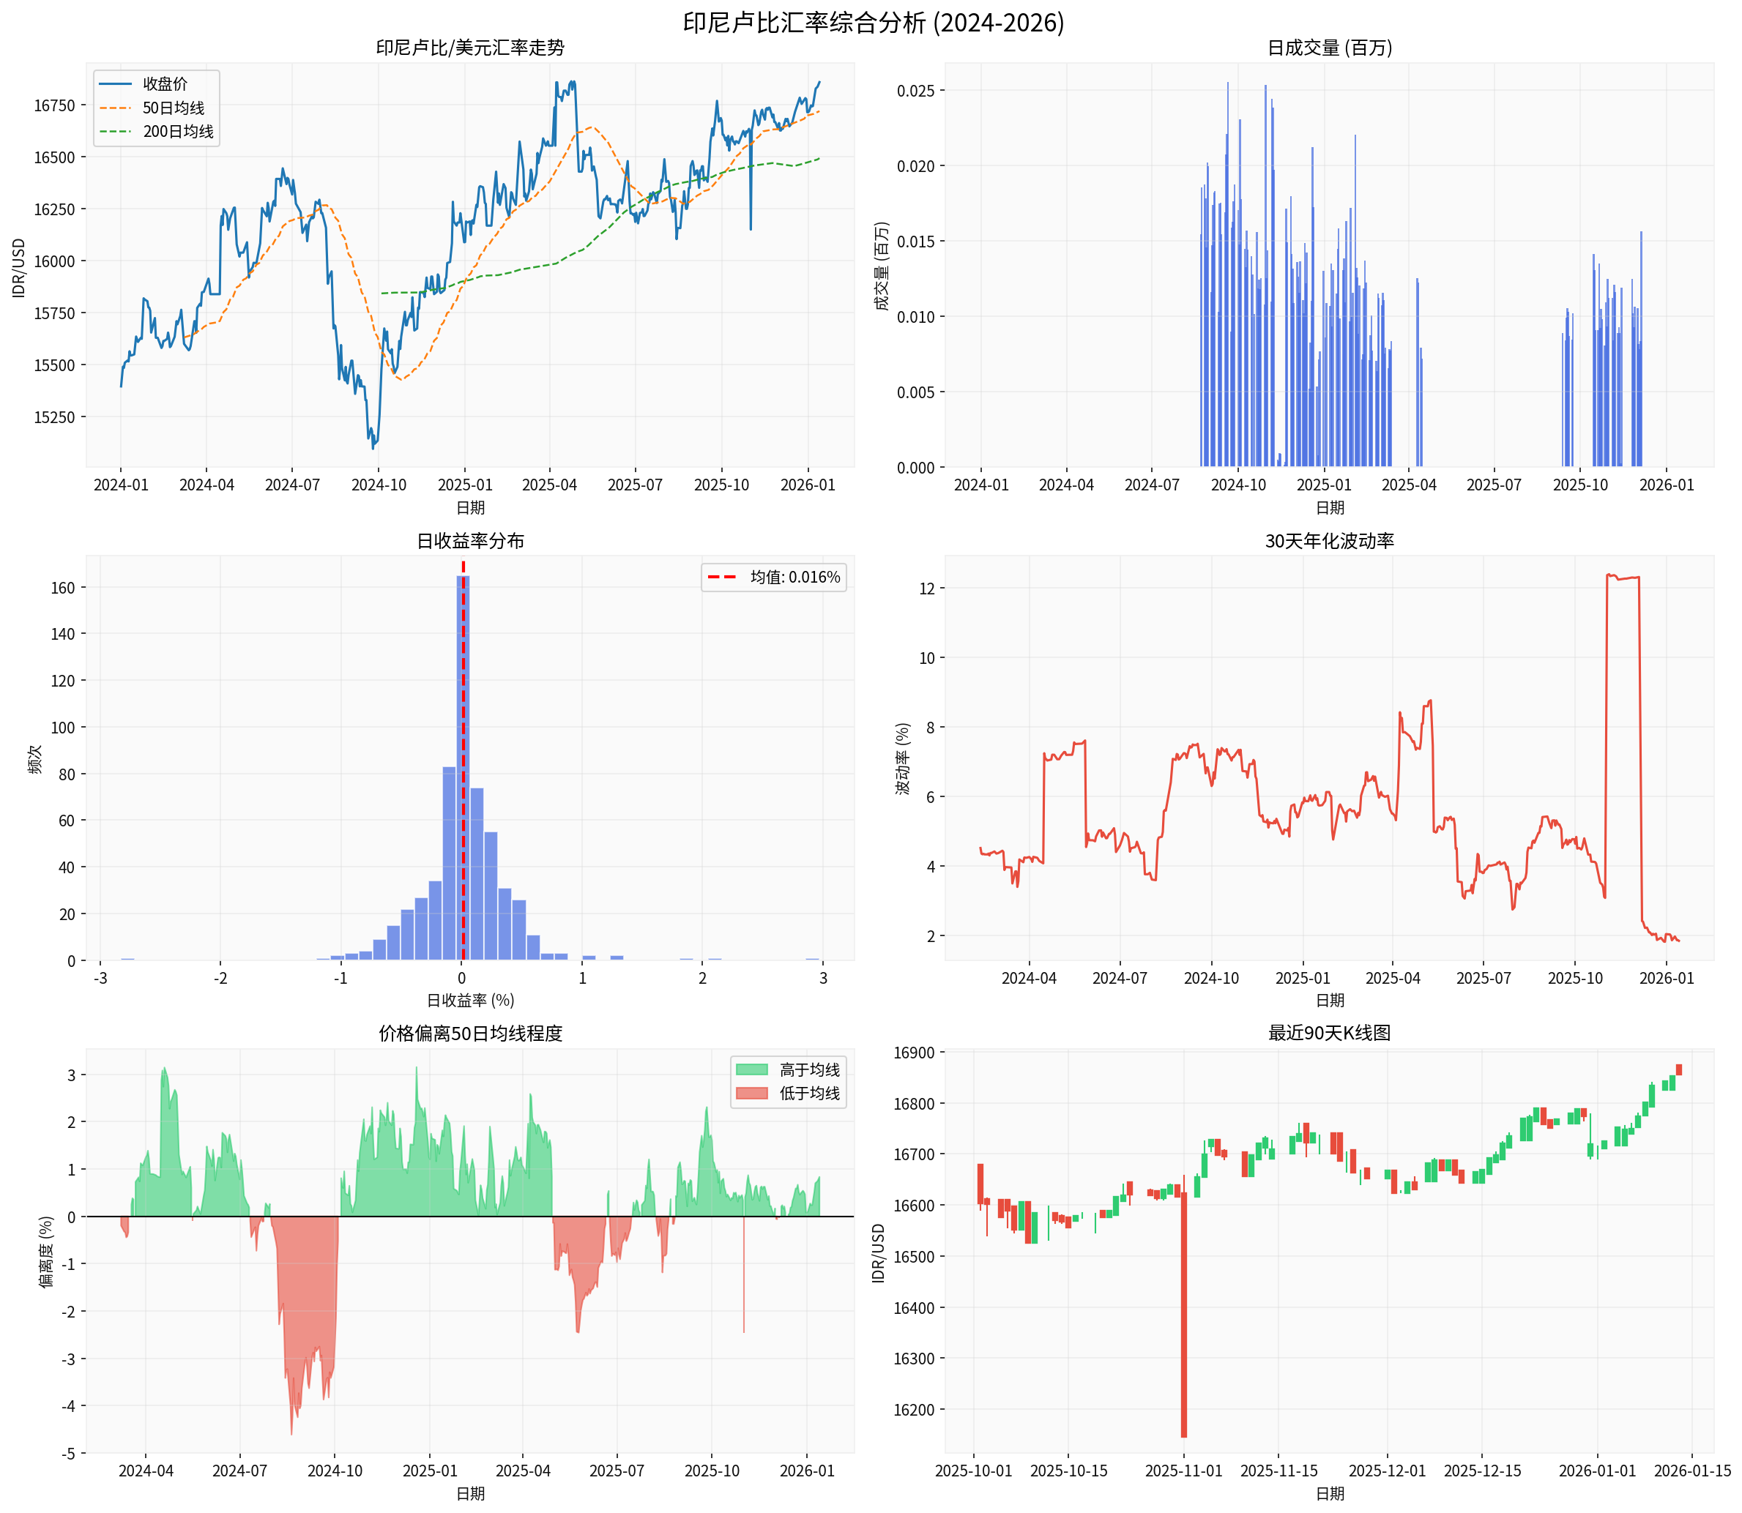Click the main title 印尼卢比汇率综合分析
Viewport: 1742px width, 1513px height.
pos(873,22)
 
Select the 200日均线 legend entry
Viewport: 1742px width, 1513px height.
pos(177,132)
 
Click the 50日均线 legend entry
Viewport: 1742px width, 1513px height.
pos(173,108)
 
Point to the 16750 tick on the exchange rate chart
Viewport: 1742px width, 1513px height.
pos(54,105)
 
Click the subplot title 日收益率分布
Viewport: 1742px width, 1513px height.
pos(470,541)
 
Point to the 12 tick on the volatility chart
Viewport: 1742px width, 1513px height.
pos(926,589)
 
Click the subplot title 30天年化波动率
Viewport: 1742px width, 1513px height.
pos(1329,541)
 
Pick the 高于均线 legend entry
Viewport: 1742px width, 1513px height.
pos(809,1069)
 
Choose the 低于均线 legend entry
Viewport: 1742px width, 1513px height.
pos(809,1094)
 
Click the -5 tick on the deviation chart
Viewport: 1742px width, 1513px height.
pos(68,1453)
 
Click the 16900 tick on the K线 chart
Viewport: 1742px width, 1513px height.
pos(914,1053)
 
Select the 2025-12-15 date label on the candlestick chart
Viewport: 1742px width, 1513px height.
pos(1482,1471)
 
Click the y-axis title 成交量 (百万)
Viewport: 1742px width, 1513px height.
pos(882,266)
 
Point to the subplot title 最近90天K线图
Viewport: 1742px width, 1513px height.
pos(1329,1034)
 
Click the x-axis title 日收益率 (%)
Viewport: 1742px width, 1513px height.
pos(470,1001)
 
